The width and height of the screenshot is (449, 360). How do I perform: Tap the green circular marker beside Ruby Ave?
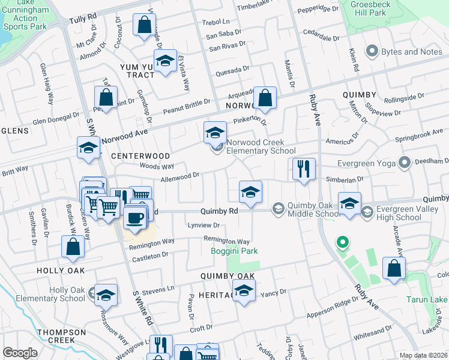pos(342,243)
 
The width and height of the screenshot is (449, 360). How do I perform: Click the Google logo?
pos(20,353)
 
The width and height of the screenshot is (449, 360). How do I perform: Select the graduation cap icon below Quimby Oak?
pos(243,292)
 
